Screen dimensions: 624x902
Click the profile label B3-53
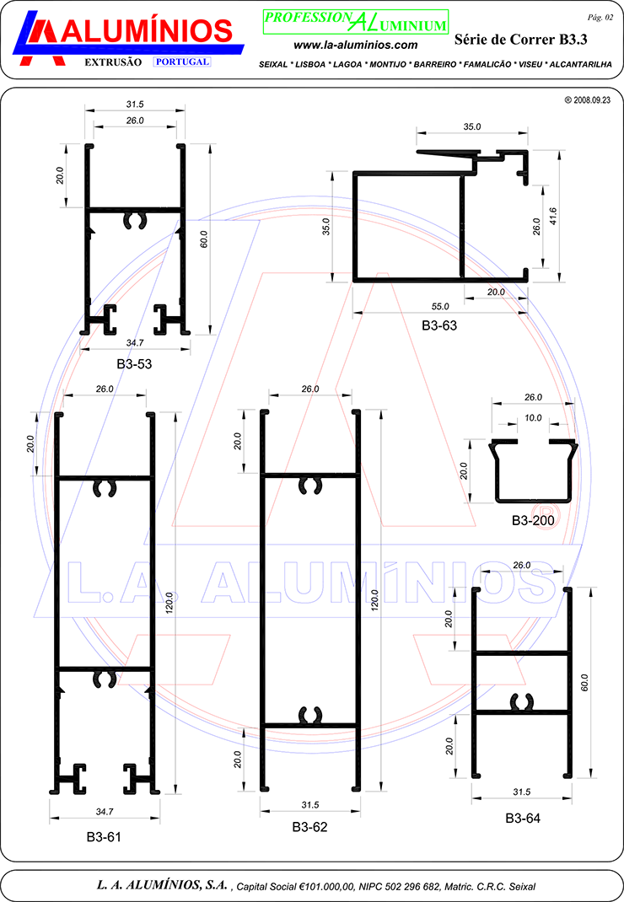(134, 364)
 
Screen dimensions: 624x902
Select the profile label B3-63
(439, 325)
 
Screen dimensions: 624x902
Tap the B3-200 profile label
(533, 521)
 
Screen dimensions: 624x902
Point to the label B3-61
(105, 837)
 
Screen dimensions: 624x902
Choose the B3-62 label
(309, 827)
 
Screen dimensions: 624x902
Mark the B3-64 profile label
(523, 819)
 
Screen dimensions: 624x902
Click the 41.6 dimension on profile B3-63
(553, 217)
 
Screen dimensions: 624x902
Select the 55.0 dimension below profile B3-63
(440, 307)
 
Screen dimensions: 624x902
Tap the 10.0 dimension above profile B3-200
(533, 418)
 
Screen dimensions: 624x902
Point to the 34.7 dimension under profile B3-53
(135, 343)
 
